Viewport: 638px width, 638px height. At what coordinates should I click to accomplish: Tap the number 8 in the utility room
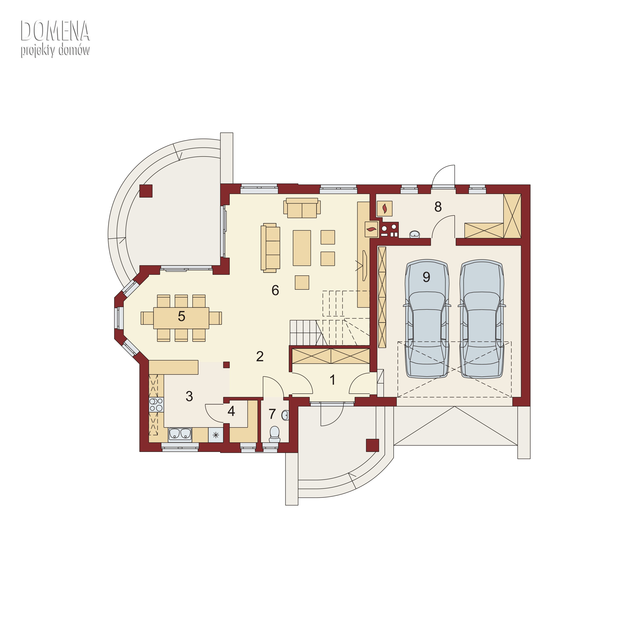438,207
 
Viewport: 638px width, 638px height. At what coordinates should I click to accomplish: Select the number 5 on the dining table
181,316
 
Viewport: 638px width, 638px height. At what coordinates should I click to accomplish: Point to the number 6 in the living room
275,290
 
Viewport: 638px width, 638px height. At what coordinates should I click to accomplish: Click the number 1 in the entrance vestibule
333,380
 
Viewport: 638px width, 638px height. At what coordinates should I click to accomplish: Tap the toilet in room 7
274,434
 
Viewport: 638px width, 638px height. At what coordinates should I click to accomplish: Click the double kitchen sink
180,434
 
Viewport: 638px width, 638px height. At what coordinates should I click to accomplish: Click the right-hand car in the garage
482,319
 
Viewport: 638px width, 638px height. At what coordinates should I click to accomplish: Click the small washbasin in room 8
414,234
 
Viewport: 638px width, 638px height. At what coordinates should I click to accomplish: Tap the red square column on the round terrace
146,191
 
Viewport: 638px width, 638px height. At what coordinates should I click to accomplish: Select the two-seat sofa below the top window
302,208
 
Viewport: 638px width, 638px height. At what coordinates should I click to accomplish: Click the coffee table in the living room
302,248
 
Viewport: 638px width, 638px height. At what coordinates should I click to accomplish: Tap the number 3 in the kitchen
189,396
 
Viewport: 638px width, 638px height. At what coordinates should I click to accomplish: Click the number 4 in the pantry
231,411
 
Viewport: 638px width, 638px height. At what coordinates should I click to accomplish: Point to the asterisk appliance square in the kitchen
216,435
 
